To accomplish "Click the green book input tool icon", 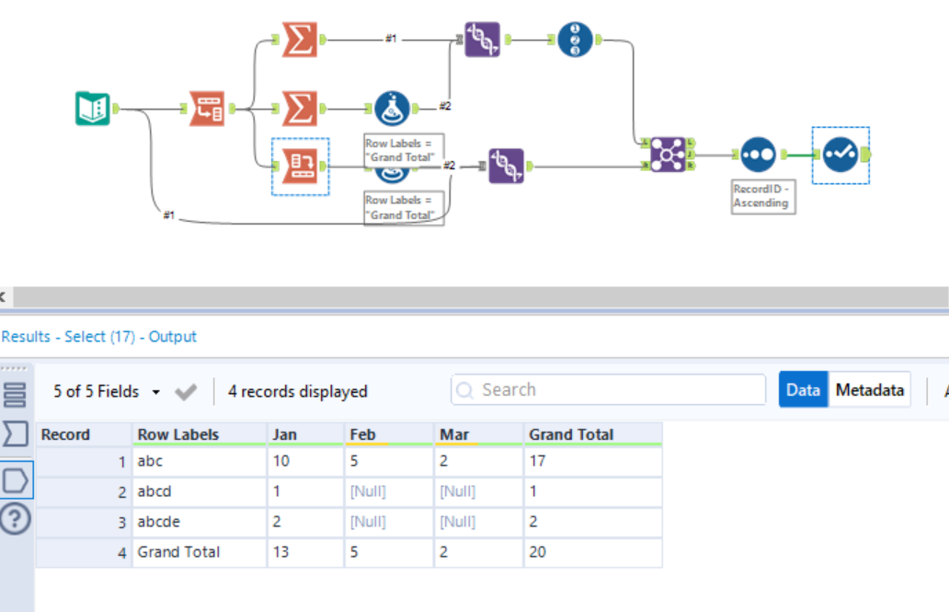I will pos(92,109).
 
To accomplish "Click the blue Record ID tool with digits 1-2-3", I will pos(575,40).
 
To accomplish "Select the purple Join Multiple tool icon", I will pos(668,154).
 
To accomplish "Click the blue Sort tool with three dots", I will pos(759,155).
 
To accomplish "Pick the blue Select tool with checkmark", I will pos(840,155).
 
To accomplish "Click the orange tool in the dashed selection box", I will pos(300,166).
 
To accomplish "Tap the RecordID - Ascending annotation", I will pos(760,196).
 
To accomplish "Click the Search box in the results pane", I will pos(608,390).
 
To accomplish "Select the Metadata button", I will pos(869,390).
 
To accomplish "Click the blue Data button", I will pos(803,390).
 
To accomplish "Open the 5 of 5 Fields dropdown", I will pos(107,391).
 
